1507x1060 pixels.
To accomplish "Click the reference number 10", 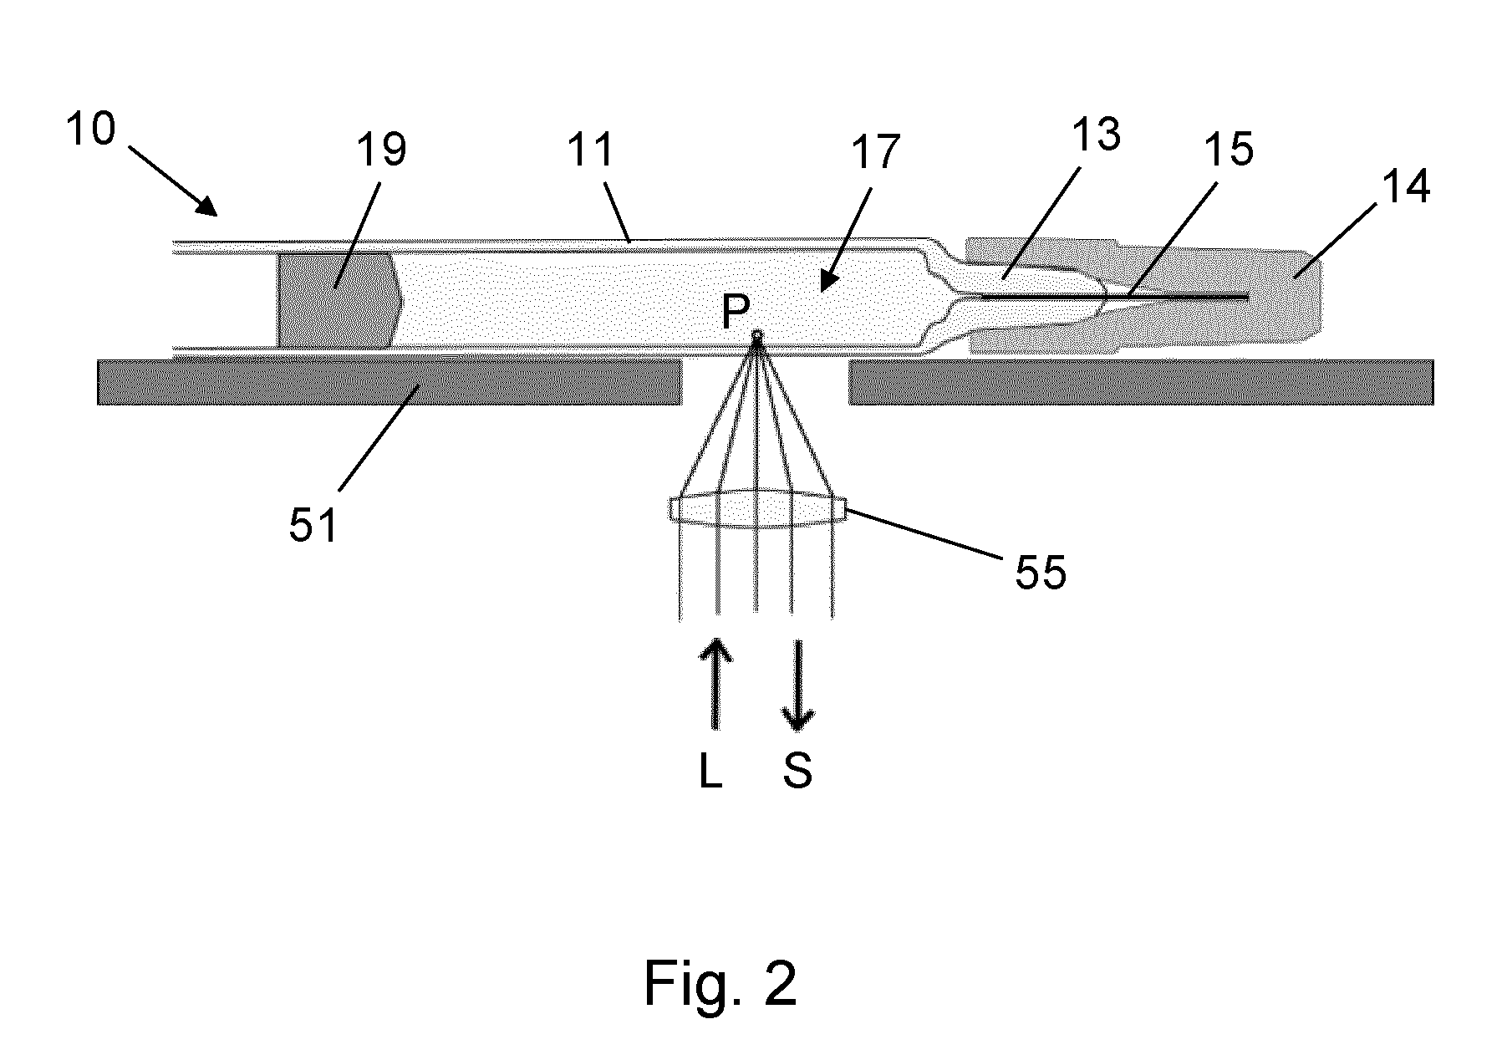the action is click(x=91, y=130).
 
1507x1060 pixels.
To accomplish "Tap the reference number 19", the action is click(x=381, y=151).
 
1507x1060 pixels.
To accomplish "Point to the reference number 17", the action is click(x=874, y=151).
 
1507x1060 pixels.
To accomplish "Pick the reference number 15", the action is click(x=1228, y=150).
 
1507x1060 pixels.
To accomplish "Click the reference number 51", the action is click(x=313, y=526).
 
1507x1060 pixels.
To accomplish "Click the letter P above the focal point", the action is click(x=736, y=313).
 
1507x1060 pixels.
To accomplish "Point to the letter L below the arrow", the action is click(x=710, y=772).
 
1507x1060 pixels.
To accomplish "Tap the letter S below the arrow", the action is click(x=797, y=772).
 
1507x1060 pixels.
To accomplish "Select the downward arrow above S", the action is click(x=798, y=685).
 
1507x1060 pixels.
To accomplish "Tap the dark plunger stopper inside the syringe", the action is click(x=339, y=299).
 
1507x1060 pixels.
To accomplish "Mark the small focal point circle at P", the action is click(x=758, y=337).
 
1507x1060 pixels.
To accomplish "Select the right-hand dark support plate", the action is click(x=1141, y=382).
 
